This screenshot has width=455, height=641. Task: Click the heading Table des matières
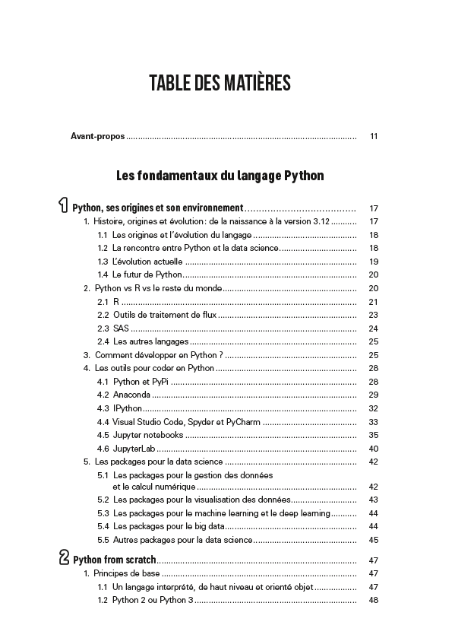point(220,83)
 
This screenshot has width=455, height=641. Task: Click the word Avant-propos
point(97,136)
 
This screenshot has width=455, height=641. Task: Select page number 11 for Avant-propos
point(374,137)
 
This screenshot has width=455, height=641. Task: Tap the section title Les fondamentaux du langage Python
point(220,176)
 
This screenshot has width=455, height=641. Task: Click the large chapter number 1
point(63,205)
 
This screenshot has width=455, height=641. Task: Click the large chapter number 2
point(64,557)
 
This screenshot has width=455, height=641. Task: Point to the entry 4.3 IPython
point(121,408)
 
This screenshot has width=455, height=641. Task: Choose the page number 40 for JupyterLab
point(373,449)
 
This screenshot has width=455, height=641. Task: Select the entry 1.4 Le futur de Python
point(140,274)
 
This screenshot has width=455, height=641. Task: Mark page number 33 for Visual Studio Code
point(373,421)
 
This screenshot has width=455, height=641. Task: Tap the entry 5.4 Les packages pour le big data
point(168,526)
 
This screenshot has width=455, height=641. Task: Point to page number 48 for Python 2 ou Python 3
point(373,601)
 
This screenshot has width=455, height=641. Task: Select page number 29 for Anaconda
point(373,395)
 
